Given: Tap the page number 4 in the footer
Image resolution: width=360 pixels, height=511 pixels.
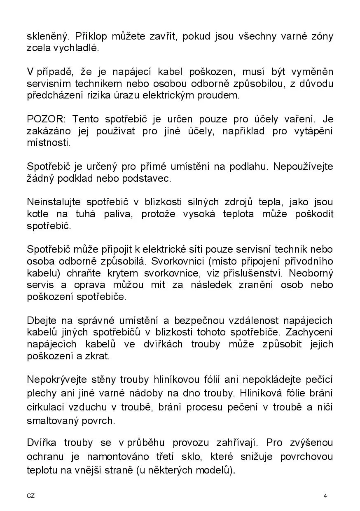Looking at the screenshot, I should click(x=325, y=496).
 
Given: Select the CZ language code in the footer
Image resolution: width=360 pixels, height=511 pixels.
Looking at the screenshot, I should click(x=31, y=496).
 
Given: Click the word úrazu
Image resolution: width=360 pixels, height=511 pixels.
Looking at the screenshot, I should click(x=125, y=96).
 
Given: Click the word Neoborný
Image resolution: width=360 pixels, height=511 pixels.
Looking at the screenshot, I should click(x=311, y=273).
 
